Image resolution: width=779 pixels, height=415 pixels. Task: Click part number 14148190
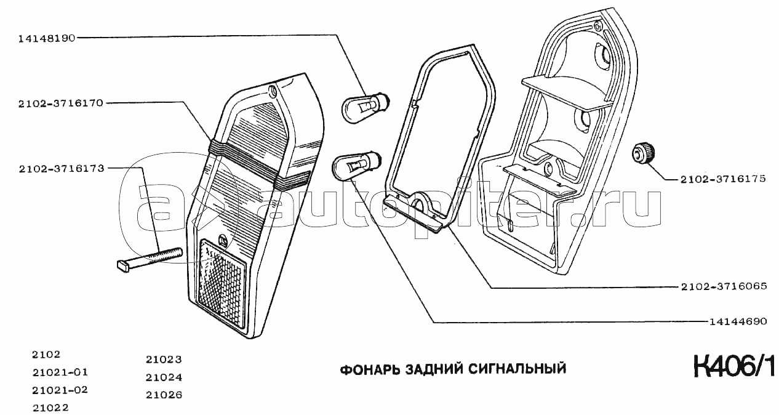click(x=47, y=38)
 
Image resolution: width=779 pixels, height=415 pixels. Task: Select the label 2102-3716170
click(x=61, y=103)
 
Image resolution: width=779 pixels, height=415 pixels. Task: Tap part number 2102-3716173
click(x=62, y=169)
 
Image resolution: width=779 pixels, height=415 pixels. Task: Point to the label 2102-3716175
click(x=723, y=179)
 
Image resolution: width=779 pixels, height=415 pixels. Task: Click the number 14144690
click(x=738, y=321)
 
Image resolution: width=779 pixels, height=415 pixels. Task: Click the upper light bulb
click(x=367, y=105)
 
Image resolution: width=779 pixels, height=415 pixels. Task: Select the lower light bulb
click(x=357, y=167)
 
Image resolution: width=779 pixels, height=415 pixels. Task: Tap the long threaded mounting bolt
click(x=150, y=259)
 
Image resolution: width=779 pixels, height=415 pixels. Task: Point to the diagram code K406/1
click(x=734, y=366)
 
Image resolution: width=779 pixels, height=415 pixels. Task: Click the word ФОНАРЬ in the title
click(x=370, y=369)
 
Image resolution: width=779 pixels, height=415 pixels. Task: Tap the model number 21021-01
click(x=60, y=373)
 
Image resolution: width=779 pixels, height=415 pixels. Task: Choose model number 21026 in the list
click(x=164, y=395)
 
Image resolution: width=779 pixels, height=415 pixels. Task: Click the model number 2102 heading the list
click(x=46, y=355)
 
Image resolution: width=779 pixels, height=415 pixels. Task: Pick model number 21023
click(x=164, y=360)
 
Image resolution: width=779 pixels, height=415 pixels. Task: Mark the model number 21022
click(x=50, y=408)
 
